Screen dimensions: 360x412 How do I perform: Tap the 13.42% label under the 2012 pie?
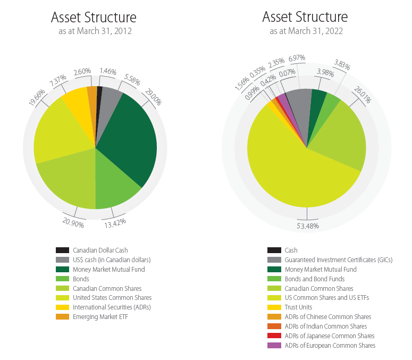(115, 222)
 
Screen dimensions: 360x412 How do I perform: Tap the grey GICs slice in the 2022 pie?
(299, 106)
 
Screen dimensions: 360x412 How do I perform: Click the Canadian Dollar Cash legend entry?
(100, 250)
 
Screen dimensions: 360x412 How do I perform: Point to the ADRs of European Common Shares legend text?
(330, 346)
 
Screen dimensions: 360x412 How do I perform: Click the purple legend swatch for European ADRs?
(274, 346)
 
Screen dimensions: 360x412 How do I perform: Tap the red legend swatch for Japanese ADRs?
(274, 336)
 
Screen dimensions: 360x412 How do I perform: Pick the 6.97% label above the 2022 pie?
(297, 57)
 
